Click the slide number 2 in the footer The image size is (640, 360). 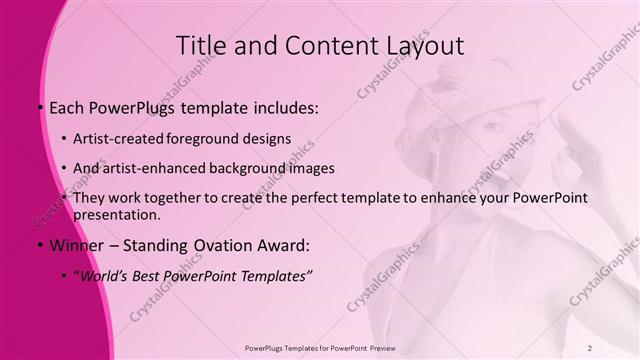[x=590, y=348]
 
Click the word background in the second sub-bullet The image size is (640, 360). [x=248, y=168]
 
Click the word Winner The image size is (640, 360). [x=72, y=245]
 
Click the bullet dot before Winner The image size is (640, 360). [x=38, y=245]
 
